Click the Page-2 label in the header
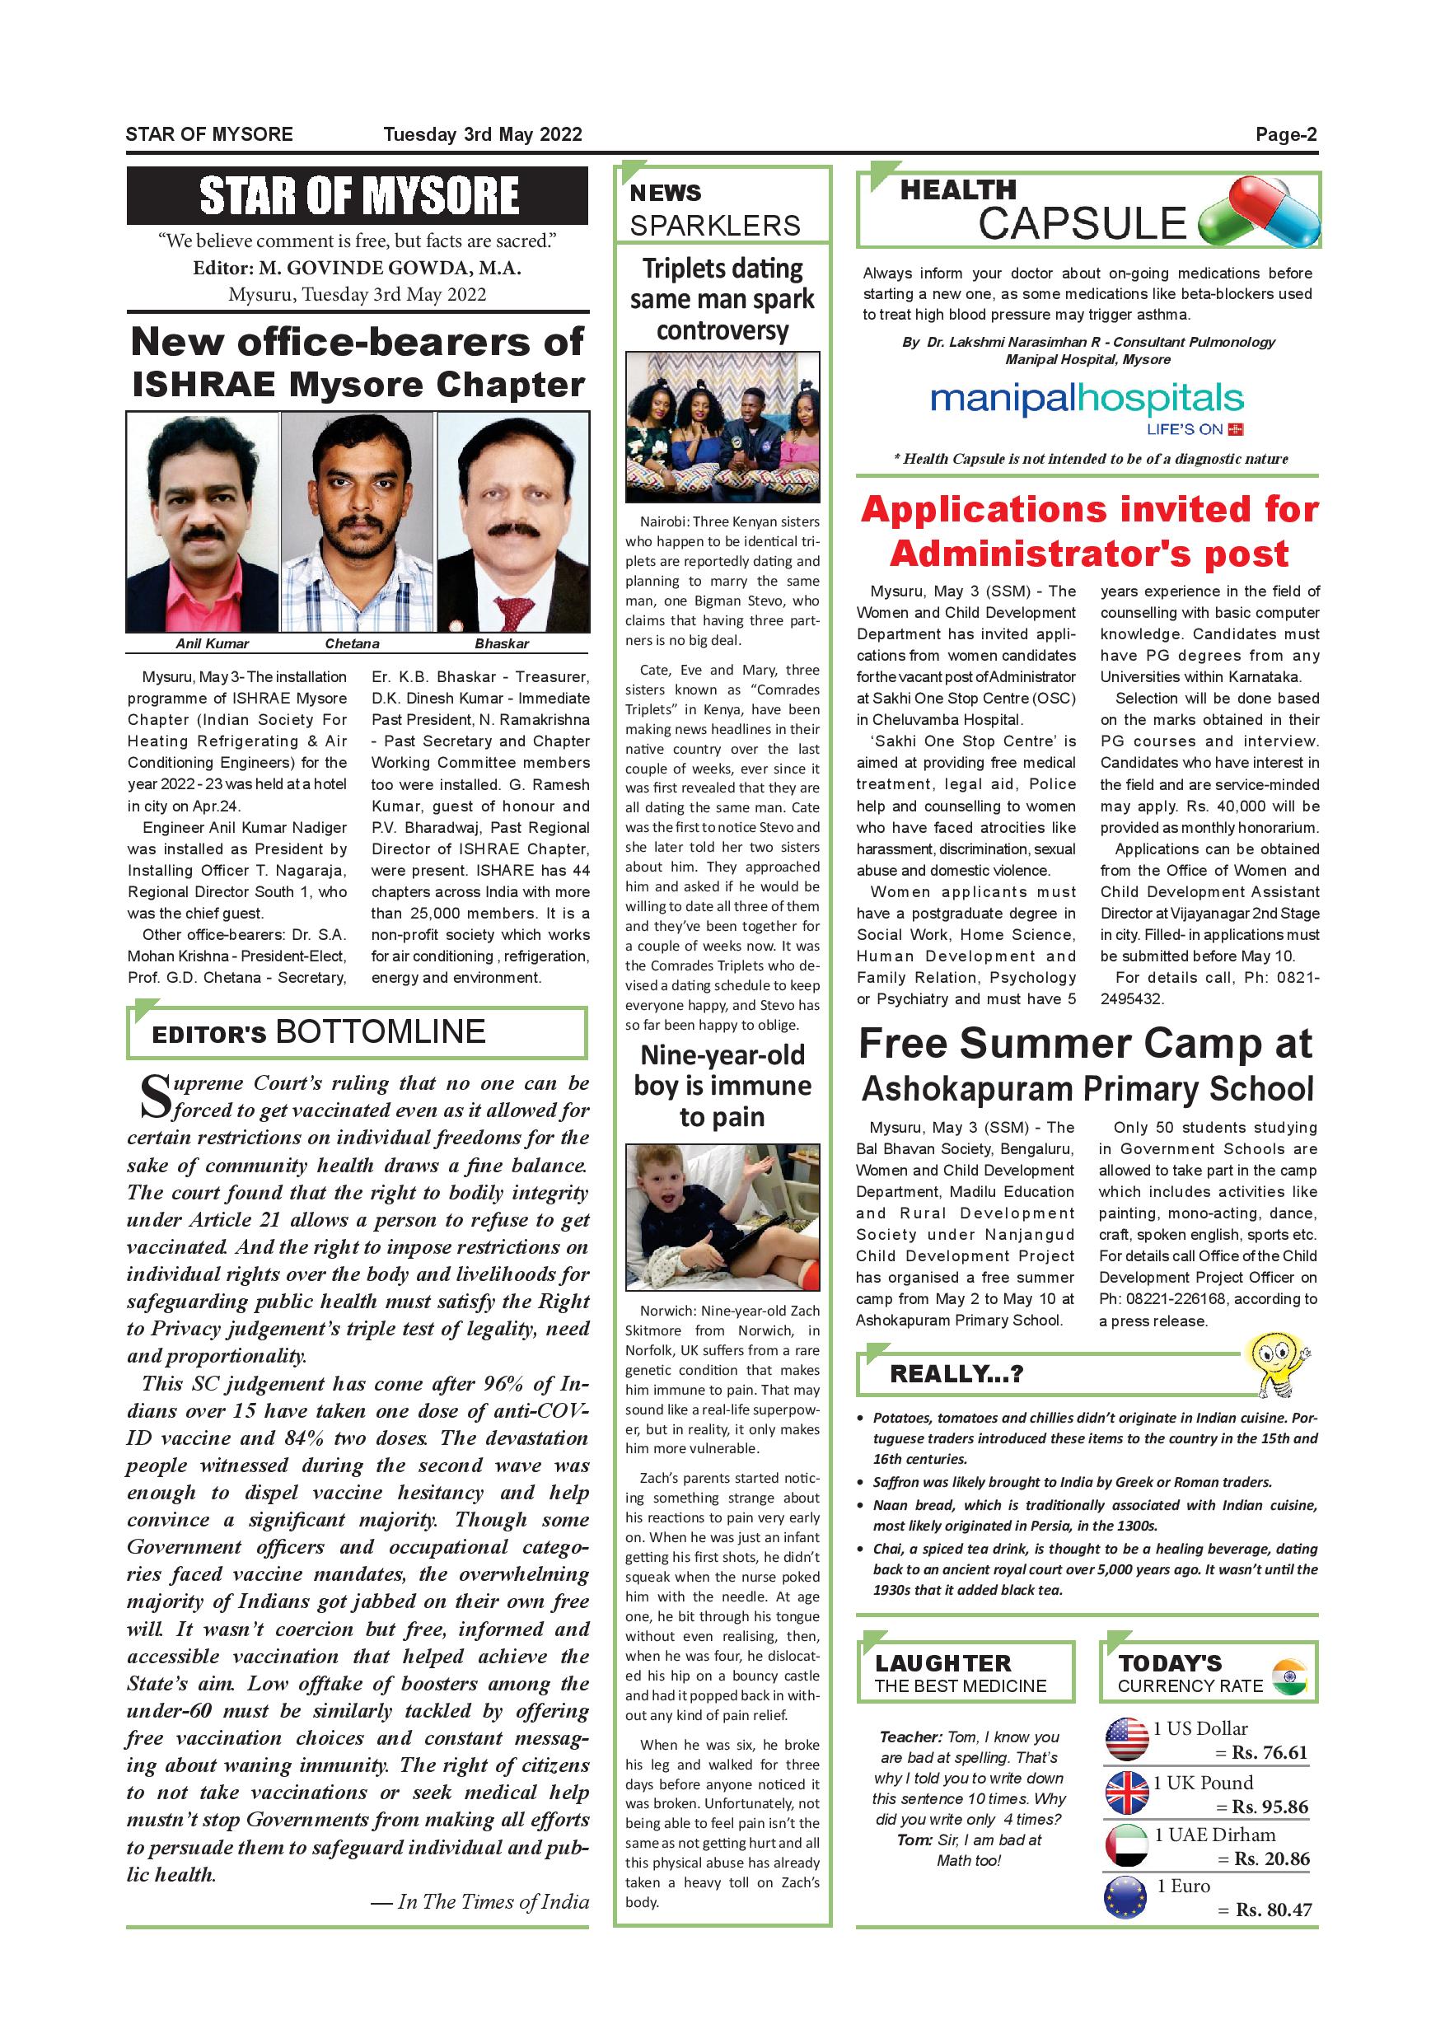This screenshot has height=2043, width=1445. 1285,134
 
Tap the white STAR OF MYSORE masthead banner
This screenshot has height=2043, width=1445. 358,196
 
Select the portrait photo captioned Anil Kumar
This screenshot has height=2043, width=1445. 203,522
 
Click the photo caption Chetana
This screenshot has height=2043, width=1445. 353,643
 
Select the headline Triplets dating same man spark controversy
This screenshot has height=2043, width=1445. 722,299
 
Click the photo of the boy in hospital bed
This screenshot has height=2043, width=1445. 722,1218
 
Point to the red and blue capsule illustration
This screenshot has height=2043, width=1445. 1258,213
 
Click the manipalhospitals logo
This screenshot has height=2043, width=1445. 1087,400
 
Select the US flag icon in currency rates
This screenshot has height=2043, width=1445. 1126,1739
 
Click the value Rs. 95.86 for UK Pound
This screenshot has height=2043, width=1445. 1270,1807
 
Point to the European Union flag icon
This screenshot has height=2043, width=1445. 1125,1896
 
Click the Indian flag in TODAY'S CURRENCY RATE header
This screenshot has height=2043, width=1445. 1288,1677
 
